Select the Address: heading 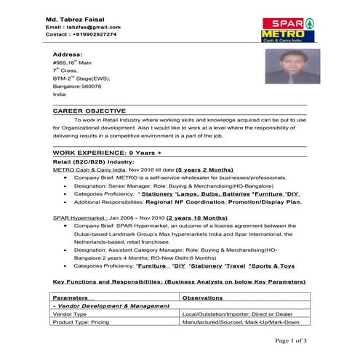68,55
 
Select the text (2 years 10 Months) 197,217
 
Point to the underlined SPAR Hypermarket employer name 78,217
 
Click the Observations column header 203,298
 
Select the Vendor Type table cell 71,314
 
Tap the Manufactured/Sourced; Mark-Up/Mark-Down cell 240,321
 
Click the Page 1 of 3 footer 290,340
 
